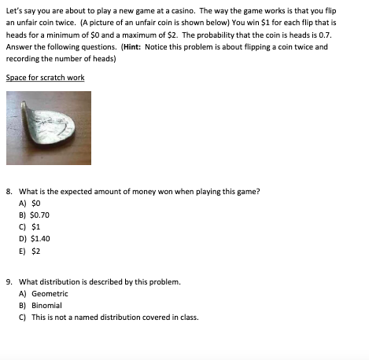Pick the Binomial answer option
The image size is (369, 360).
point(46,305)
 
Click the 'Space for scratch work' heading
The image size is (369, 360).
point(45,78)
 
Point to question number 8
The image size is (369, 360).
point(8,190)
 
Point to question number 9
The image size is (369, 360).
point(8,281)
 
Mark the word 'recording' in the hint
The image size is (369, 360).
point(22,58)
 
